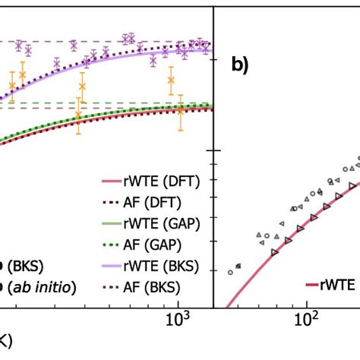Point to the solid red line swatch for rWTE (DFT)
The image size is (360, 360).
[x=111, y=182]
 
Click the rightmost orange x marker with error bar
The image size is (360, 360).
[x=180, y=110]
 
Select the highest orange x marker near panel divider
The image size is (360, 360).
[x=171, y=79]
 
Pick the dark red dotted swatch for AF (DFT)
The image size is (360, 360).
[x=111, y=201]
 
